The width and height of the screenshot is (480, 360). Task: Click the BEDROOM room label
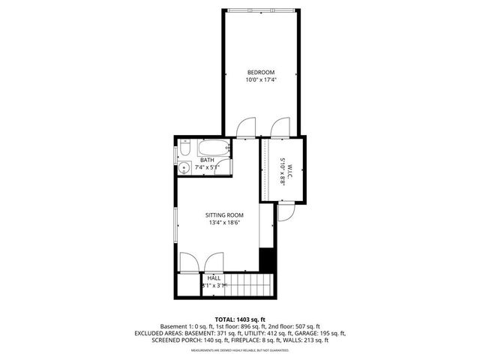click(260, 72)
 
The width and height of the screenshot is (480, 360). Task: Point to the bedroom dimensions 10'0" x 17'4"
click(260, 79)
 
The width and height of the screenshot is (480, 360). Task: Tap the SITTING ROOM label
click(225, 215)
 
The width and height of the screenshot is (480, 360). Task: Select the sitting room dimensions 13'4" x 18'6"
click(225, 223)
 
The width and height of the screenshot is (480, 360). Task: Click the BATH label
click(207, 160)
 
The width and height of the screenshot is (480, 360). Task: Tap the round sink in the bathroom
click(184, 168)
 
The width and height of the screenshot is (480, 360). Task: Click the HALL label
click(214, 277)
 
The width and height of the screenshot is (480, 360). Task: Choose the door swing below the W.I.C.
click(286, 213)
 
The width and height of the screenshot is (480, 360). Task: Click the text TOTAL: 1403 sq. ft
click(240, 319)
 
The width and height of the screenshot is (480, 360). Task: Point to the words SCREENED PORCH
click(184, 340)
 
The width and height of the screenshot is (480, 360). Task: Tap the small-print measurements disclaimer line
click(240, 350)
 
